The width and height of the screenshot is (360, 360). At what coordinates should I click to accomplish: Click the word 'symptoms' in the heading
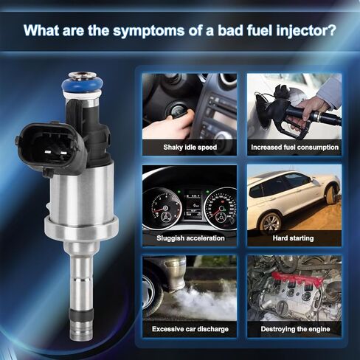(149, 31)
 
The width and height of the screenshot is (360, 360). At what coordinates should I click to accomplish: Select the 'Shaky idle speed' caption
(190, 148)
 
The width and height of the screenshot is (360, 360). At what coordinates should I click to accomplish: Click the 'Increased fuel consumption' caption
(294, 148)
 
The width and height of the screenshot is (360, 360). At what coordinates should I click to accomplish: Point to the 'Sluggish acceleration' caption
(190, 238)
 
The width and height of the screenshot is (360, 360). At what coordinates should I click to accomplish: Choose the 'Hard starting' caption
(293, 238)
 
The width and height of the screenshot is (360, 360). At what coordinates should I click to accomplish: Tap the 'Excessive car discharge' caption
(190, 329)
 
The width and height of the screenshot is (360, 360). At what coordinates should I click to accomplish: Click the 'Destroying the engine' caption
(295, 329)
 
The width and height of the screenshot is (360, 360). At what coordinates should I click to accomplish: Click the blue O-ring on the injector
(82, 85)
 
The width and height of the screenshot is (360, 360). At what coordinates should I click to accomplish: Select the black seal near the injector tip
(81, 315)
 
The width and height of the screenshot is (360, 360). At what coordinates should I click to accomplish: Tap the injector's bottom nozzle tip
(81, 330)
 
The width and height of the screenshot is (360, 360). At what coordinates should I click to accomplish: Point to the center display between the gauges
(193, 204)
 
